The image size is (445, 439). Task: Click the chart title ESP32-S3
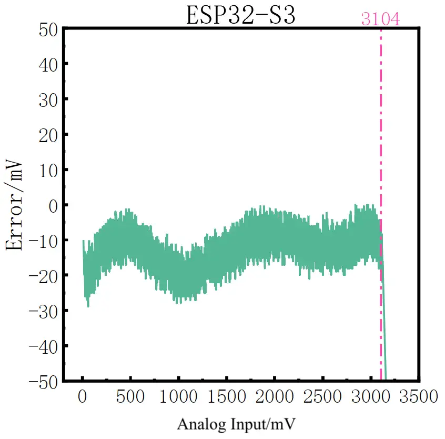coord(240,15)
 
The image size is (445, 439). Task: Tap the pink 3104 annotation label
coord(380,19)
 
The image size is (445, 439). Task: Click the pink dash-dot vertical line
coord(381,132)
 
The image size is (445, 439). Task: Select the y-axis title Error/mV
coord(15,203)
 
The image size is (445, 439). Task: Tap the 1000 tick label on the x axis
coord(178,396)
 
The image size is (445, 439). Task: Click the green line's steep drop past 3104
coord(384,326)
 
